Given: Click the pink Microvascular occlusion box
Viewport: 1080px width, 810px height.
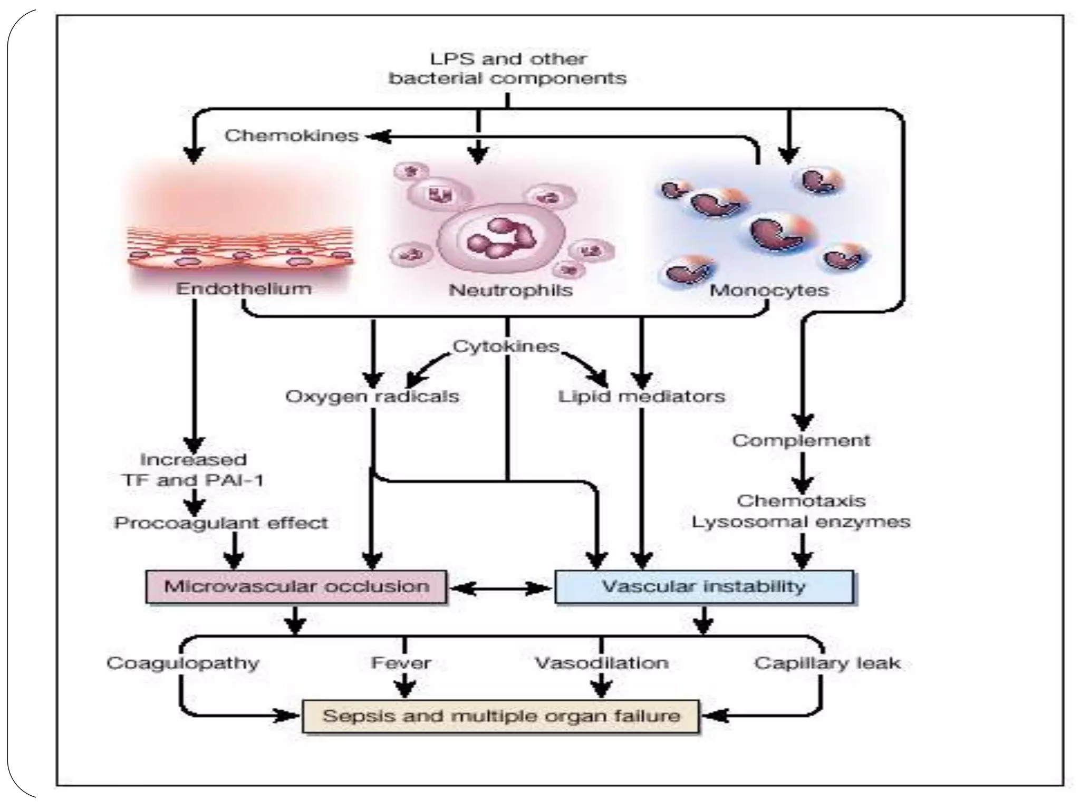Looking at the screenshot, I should [x=296, y=586].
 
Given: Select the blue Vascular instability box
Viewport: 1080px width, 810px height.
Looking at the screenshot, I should [x=703, y=586].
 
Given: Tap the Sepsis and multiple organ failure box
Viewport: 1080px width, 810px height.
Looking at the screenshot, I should [x=500, y=716].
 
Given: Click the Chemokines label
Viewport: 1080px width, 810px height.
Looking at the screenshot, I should [x=292, y=136].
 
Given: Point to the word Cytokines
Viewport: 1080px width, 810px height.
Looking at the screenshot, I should [x=506, y=346].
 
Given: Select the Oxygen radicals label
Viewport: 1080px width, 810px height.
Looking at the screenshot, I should [x=372, y=397].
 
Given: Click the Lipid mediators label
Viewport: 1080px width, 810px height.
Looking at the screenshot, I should [x=641, y=397].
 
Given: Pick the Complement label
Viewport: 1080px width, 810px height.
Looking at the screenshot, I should [x=801, y=440].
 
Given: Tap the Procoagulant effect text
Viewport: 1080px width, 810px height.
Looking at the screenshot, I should [x=221, y=523].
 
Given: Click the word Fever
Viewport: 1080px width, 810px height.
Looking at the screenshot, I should [x=401, y=663].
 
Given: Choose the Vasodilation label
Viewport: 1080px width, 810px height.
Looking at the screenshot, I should [x=602, y=663].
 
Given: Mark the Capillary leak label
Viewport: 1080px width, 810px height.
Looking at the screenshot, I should [x=827, y=663].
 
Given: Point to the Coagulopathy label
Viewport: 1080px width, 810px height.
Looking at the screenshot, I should [x=183, y=663].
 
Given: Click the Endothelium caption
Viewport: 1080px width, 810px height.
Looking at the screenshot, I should [x=244, y=288].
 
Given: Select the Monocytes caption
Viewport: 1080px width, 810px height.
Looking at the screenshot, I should [x=769, y=290].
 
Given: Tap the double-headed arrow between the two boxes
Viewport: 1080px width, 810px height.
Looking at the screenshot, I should [x=500, y=587].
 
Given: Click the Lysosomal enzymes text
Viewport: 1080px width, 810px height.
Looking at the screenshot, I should [x=801, y=522].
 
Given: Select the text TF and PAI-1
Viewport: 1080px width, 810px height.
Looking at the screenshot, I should [x=193, y=480].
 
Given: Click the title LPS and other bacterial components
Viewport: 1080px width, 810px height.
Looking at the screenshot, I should [x=507, y=69].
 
